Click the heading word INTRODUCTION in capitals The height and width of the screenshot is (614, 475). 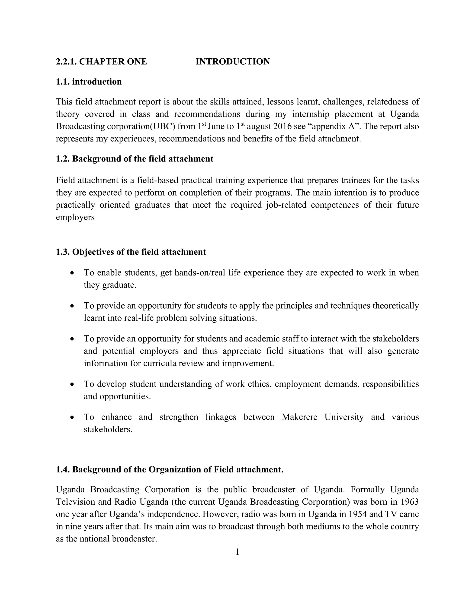pos(232,62)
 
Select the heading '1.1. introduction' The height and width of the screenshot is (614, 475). pos(89,82)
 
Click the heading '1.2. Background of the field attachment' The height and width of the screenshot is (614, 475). pos(135,159)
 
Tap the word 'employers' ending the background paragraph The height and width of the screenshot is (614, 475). pos(75,217)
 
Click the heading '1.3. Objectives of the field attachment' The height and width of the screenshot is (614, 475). pos(131,252)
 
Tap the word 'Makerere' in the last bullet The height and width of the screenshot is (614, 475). pos(299,417)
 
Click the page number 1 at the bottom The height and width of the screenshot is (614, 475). pos(237,552)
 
